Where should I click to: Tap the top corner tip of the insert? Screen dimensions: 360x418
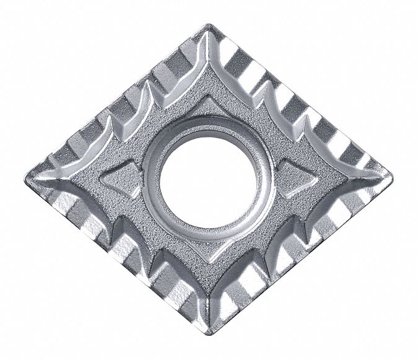tap(210, 25)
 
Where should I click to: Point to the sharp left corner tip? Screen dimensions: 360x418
tap(27, 180)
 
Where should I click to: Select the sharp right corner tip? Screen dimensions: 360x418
tap(391, 179)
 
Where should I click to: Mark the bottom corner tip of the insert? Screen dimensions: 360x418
tap(209, 333)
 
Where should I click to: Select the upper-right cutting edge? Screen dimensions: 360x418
tap(303, 99)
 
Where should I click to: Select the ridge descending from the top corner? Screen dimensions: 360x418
tap(209, 62)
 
